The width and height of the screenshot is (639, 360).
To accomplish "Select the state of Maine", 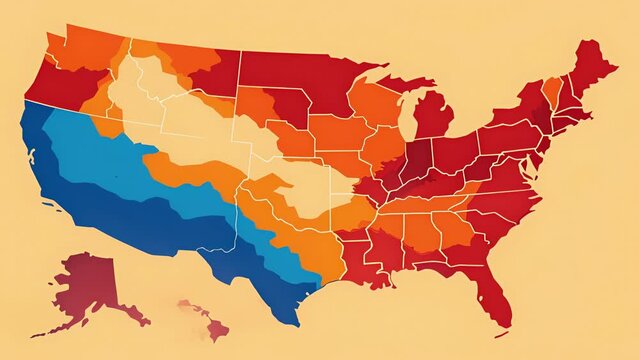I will (x=594, y=65).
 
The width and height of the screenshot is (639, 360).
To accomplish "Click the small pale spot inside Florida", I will (x=496, y=300).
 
